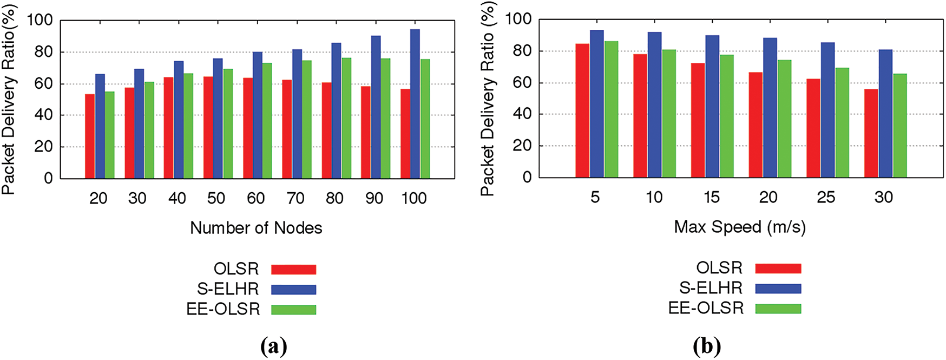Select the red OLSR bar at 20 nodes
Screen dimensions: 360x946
click(90, 136)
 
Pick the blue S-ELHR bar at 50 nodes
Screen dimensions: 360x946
click(218, 119)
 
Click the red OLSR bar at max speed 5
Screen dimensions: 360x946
click(582, 110)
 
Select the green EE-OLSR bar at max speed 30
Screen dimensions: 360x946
click(899, 126)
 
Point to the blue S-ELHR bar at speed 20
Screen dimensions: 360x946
click(770, 108)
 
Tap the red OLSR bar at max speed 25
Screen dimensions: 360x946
click(813, 128)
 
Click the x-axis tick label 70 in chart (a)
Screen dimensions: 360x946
click(295, 199)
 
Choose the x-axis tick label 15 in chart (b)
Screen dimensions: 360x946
click(712, 198)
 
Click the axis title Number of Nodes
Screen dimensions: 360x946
click(256, 228)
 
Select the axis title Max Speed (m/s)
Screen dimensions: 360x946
click(740, 227)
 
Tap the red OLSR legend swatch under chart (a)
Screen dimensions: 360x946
click(293, 270)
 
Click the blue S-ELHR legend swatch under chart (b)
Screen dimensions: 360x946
click(778, 289)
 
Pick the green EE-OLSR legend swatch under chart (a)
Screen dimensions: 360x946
click(293, 310)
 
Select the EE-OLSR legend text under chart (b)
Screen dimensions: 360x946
click(706, 308)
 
